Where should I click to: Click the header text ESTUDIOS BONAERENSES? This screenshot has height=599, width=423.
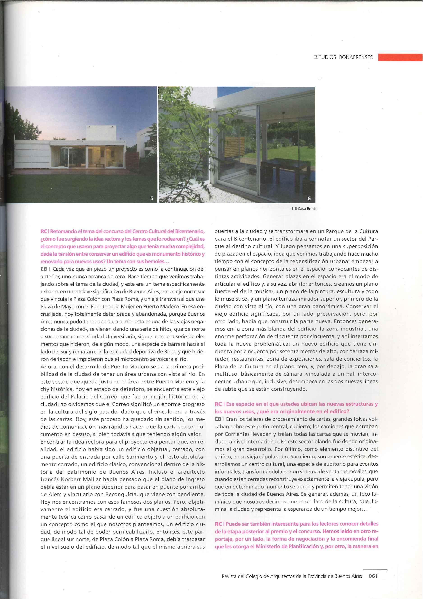point(343,57)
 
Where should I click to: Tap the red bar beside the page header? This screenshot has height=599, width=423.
point(400,57)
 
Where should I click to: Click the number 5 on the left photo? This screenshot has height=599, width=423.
point(152,198)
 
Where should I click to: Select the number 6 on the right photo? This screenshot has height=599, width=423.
point(309,198)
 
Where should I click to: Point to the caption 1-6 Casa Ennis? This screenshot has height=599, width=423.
point(304,208)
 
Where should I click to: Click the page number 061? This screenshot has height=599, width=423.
point(373,576)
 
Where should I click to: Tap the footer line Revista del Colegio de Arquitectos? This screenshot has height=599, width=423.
point(292,576)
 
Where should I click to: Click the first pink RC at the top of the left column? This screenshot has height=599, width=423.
point(44,231)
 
